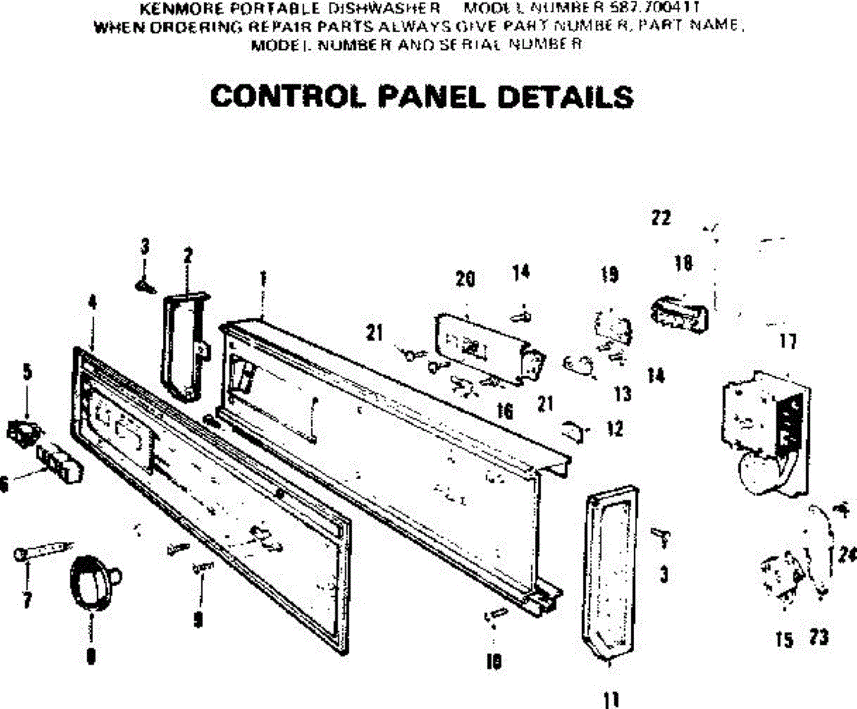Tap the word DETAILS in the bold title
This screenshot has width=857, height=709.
[563, 97]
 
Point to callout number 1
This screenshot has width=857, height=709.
[264, 277]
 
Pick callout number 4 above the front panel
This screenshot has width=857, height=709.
[92, 301]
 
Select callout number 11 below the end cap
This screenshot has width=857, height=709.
[611, 698]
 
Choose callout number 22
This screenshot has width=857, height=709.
[661, 218]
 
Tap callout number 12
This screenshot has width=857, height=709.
[614, 429]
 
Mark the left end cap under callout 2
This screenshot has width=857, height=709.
[182, 343]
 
